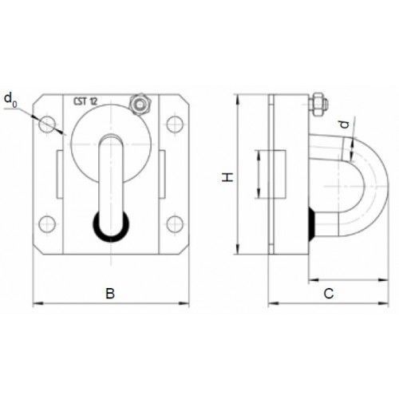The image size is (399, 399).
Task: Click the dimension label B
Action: click(110, 293)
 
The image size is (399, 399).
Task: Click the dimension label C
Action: click(329, 294)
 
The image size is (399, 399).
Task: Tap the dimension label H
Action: click(228, 177)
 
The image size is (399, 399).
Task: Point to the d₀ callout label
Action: click(10, 100)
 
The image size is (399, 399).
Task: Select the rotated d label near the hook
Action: click(345, 124)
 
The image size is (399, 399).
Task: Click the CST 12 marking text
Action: click(85, 101)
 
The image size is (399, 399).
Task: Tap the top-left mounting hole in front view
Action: click(47, 124)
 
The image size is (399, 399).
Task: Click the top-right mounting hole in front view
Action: click(175, 124)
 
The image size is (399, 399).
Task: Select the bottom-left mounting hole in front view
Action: click(47, 224)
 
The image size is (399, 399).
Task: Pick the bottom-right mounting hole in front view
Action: click(175, 224)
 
